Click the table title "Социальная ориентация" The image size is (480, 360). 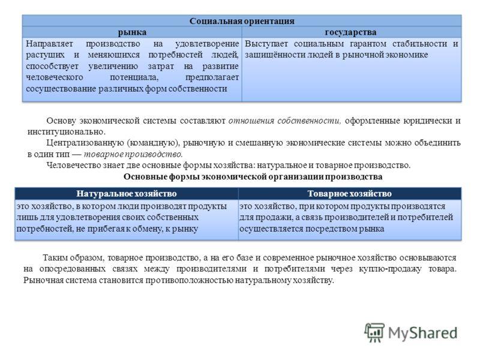pyautogui.click(x=242, y=21)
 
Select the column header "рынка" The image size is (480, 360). pyautogui.click(x=132, y=32)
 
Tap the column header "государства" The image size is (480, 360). pyautogui.click(x=351, y=32)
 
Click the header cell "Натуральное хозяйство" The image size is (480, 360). pyautogui.click(x=127, y=193)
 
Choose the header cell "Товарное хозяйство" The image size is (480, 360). pyautogui.click(x=350, y=193)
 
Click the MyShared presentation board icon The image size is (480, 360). pyautogui.click(x=374, y=332)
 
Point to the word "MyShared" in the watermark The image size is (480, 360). pyautogui.click(x=423, y=333)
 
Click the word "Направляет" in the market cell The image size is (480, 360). pyautogui.click(x=49, y=44)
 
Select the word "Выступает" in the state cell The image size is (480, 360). pyautogui.click(x=266, y=44)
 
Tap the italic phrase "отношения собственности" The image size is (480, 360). pyautogui.click(x=284, y=121)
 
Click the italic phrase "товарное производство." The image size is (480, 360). pyautogui.click(x=133, y=154)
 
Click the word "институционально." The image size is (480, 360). pyautogui.click(x=67, y=132)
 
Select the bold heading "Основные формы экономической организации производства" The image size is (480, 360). pyautogui.click(x=253, y=176)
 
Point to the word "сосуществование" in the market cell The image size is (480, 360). pyautogui.click(x=61, y=89)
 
